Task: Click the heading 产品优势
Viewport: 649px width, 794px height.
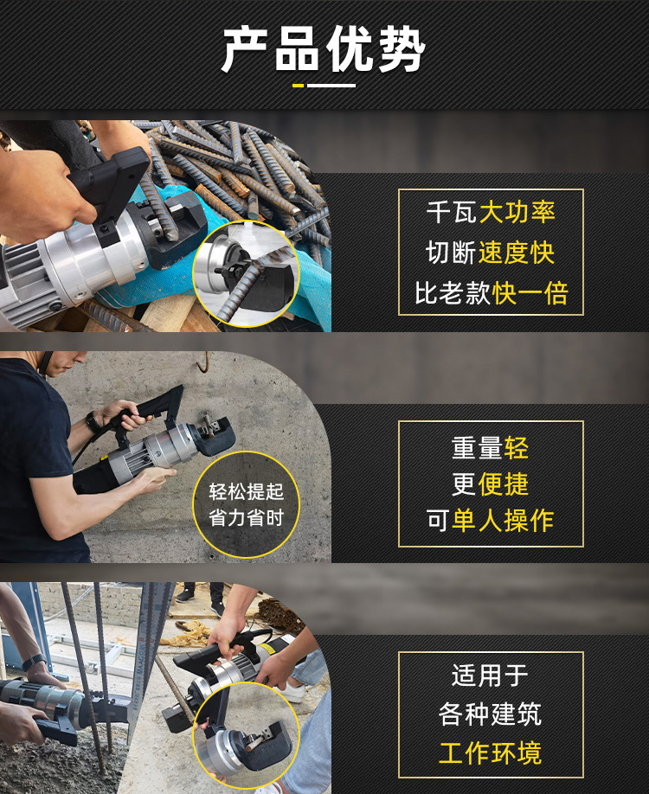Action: point(324,49)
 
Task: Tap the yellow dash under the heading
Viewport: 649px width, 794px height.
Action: point(298,86)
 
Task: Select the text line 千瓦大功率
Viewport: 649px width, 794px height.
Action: point(491,212)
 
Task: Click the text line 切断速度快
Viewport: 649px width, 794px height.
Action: point(491,253)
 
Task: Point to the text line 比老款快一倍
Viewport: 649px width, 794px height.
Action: point(491,293)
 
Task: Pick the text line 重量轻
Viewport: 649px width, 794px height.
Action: point(491,447)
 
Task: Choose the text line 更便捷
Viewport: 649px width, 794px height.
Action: point(491,483)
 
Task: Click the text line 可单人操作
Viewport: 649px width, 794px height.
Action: point(491,520)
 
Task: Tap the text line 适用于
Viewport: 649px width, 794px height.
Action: point(491,675)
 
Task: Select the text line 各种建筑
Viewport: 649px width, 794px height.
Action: point(491,714)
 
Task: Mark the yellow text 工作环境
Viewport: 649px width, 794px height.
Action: point(491,752)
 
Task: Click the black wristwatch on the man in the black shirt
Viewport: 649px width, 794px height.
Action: point(93,423)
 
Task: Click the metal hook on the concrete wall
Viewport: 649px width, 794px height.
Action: point(203,363)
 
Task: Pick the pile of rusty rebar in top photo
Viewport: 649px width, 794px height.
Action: point(251,164)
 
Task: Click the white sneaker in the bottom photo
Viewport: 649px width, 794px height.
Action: point(294,693)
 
